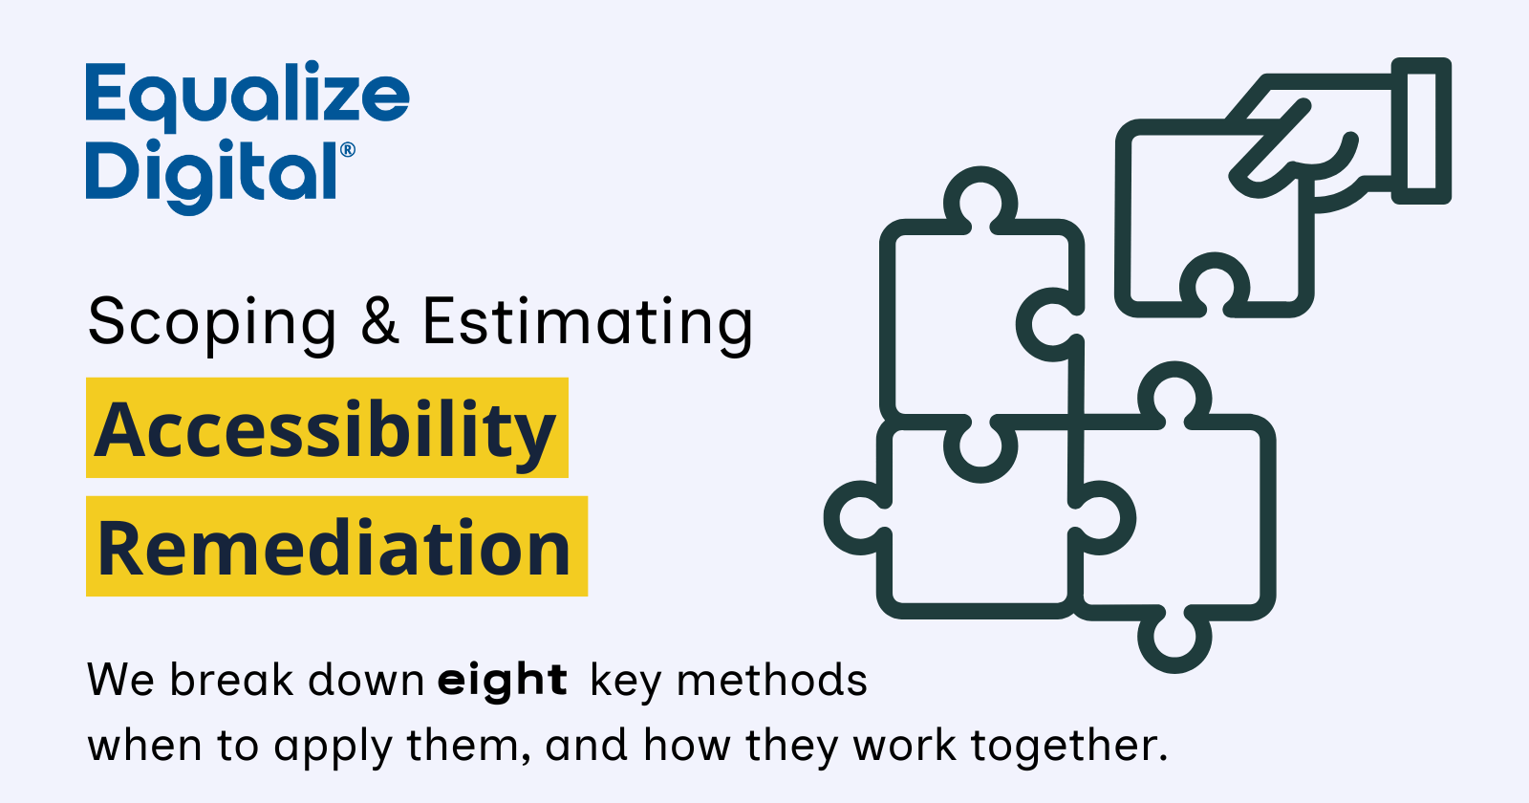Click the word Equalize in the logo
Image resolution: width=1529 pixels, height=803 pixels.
click(248, 96)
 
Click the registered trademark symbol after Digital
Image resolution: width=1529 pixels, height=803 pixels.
click(348, 149)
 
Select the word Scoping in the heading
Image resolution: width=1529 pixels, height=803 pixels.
click(212, 325)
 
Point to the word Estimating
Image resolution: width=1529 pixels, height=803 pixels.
click(588, 325)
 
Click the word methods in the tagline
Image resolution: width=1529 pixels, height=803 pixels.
click(772, 680)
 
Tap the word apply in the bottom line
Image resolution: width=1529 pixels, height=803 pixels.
click(334, 749)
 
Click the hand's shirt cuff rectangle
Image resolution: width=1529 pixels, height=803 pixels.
click(1421, 130)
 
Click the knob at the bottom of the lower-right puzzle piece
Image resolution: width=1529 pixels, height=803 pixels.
click(1174, 640)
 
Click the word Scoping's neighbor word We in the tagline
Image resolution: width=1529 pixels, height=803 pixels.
click(120, 680)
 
